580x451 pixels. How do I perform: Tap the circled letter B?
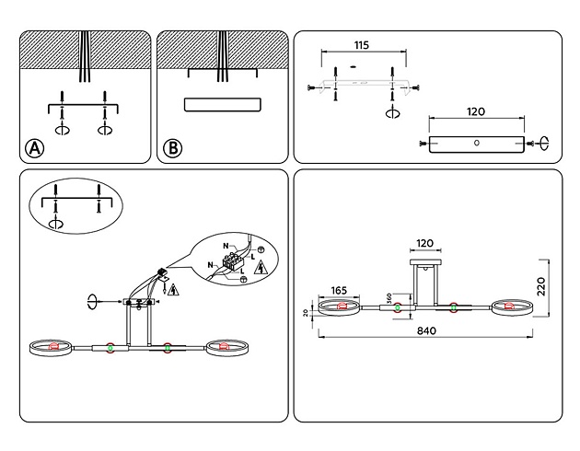click(172, 148)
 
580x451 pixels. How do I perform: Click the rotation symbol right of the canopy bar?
click(544, 142)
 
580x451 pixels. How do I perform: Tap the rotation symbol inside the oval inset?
click(56, 224)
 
